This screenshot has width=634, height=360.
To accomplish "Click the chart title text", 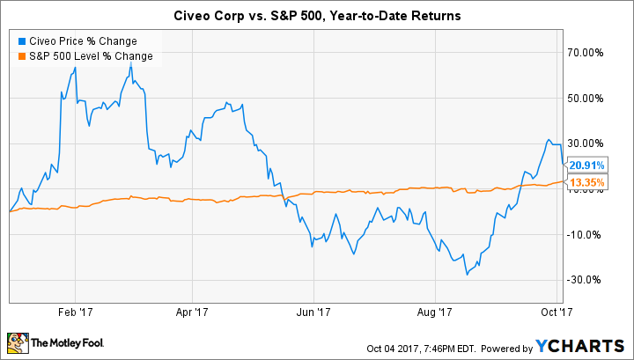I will coord(316,15).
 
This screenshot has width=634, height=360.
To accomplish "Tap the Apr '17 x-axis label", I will coord(192,311).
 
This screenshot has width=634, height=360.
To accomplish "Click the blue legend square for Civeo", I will coord(19,40).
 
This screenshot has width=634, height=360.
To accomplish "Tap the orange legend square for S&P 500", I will coord(19,55).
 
